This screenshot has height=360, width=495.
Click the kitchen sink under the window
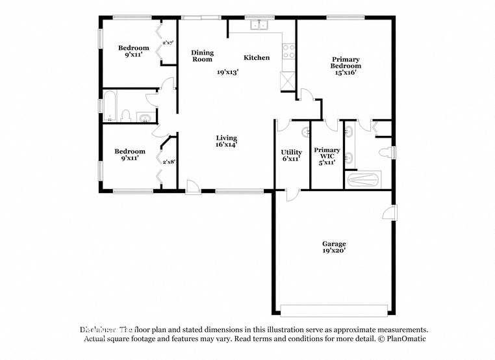[x=260, y=25]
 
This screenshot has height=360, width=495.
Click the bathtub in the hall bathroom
[x=110, y=108]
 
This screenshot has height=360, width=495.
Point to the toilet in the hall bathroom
[x=126, y=117]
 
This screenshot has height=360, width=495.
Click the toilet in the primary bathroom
[x=388, y=152]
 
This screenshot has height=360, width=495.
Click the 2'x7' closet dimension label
[x=168, y=43]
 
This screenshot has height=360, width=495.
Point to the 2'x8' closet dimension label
[x=169, y=162]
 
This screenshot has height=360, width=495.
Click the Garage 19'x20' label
[x=334, y=247]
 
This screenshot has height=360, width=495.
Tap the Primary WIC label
[x=327, y=157]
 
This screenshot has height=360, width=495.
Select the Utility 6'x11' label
[x=291, y=155]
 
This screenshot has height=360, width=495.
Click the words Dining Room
[x=202, y=56]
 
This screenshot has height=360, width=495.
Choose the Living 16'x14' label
[x=227, y=141]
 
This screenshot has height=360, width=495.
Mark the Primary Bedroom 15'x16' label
[x=345, y=66]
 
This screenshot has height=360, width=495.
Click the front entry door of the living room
[x=193, y=188]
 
